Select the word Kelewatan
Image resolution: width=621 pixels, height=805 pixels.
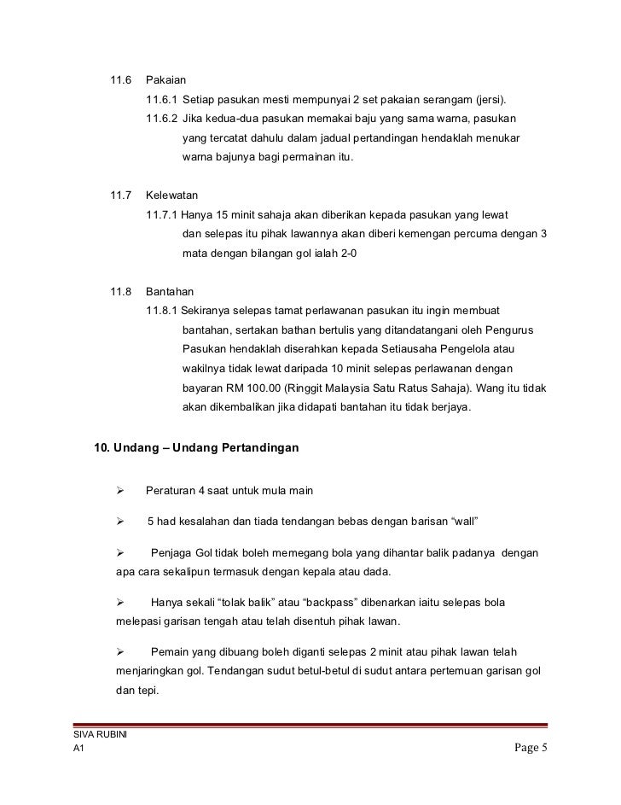click(x=171, y=196)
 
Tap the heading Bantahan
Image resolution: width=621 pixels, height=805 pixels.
click(x=170, y=292)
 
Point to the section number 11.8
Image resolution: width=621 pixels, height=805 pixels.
click(x=120, y=292)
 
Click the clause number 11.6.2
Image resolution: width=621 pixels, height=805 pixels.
click(x=162, y=117)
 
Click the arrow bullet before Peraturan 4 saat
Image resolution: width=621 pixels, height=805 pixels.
click(x=121, y=491)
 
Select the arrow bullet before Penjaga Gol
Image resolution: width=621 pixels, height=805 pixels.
click(x=121, y=553)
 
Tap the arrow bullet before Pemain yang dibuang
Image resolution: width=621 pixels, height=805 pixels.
click(x=121, y=652)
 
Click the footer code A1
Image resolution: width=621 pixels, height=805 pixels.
click(x=79, y=750)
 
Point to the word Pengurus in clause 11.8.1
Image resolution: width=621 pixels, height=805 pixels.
click(x=523, y=330)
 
